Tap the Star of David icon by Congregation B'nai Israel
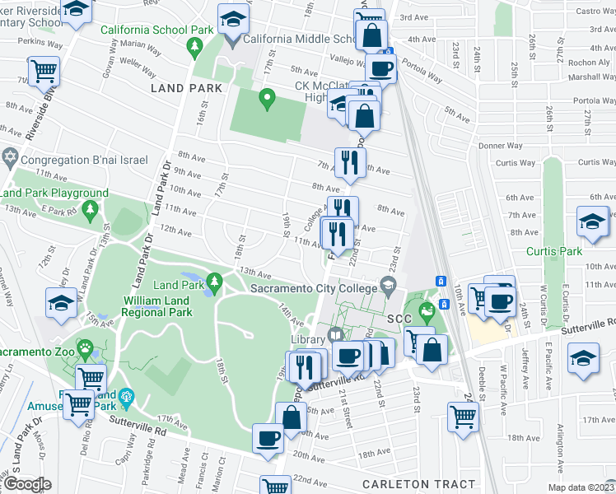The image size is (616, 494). (11, 156)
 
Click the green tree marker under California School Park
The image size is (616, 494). (195, 49)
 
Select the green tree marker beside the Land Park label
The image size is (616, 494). (215, 284)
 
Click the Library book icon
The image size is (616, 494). (334, 334)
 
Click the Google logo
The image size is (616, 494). (26, 484)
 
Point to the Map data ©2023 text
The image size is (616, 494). (581, 487)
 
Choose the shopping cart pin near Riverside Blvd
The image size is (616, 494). (44, 70)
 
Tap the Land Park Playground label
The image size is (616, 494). (54, 193)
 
